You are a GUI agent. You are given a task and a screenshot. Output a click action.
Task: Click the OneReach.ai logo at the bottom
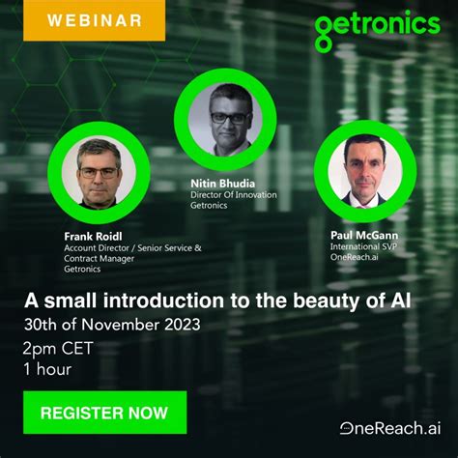[388, 428]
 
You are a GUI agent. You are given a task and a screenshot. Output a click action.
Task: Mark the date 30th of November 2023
[113, 324]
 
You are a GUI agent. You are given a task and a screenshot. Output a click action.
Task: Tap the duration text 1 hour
[48, 368]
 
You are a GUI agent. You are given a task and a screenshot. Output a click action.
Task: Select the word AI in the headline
[398, 300]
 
